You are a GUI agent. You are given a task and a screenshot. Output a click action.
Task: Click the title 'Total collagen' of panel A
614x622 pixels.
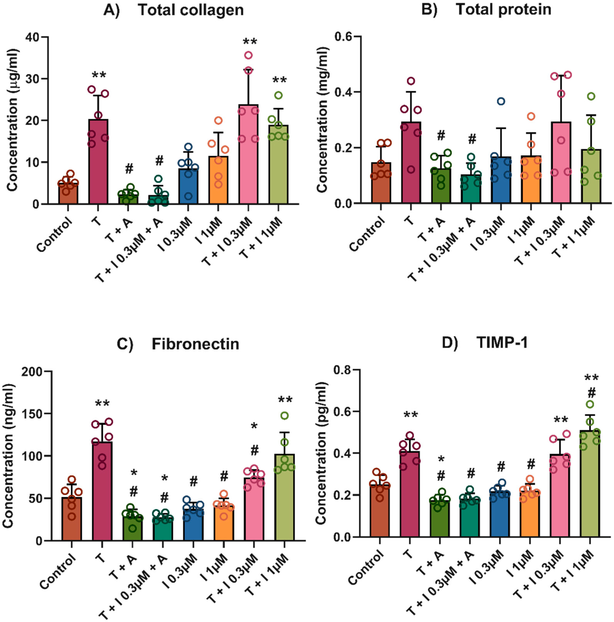pos(190,10)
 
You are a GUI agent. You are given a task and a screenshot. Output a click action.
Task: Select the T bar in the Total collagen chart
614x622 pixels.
pos(98,161)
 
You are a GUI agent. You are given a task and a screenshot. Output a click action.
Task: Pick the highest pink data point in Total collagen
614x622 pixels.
pos(248,55)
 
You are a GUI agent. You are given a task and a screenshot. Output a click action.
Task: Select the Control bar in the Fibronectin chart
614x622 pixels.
pos(72,518)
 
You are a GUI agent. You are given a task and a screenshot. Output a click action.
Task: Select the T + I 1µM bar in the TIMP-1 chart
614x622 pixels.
pos(590,483)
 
